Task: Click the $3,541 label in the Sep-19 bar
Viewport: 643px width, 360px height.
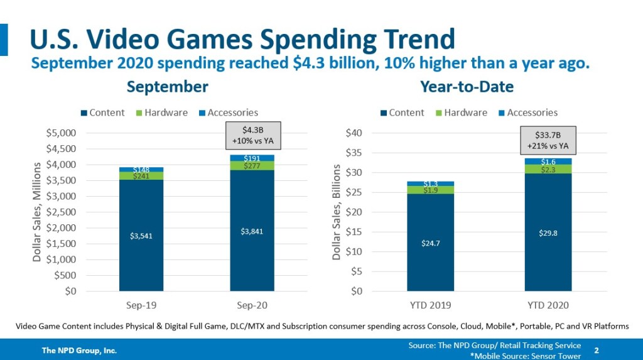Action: (x=142, y=236)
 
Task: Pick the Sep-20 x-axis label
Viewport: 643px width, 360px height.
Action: (x=252, y=305)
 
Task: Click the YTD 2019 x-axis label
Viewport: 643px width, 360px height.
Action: (x=430, y=305)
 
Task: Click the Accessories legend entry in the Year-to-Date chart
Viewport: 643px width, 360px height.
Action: (x=527, y=113)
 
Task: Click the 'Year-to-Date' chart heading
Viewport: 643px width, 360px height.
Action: (x=475, y=87)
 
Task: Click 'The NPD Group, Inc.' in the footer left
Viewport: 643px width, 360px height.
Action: (x=79, y=350)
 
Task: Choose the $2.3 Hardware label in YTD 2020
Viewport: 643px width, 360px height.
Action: (x=548, y=169)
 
